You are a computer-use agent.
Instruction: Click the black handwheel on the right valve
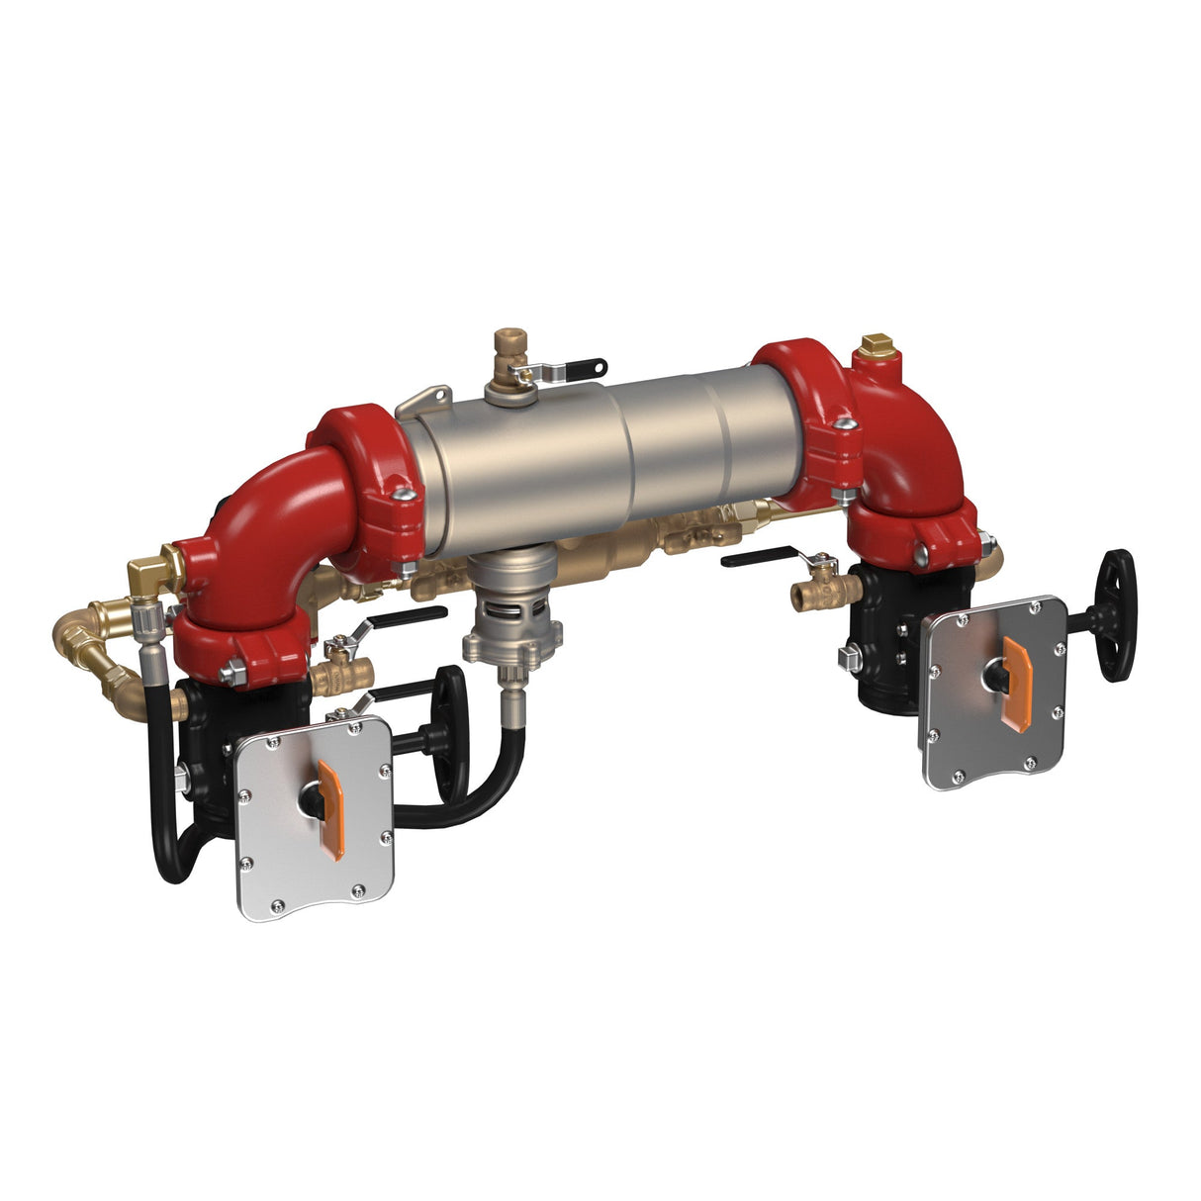(x=1116, y=615)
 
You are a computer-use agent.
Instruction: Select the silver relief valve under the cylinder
(x=512, y=603)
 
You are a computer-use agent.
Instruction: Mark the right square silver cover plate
(x=994, y=693)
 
